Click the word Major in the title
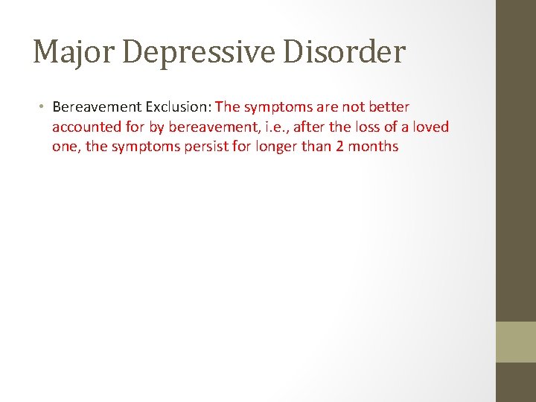68,53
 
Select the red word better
389,107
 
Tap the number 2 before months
340,146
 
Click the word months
373,146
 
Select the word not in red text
352,107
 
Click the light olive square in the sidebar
516,342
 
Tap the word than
317,146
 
